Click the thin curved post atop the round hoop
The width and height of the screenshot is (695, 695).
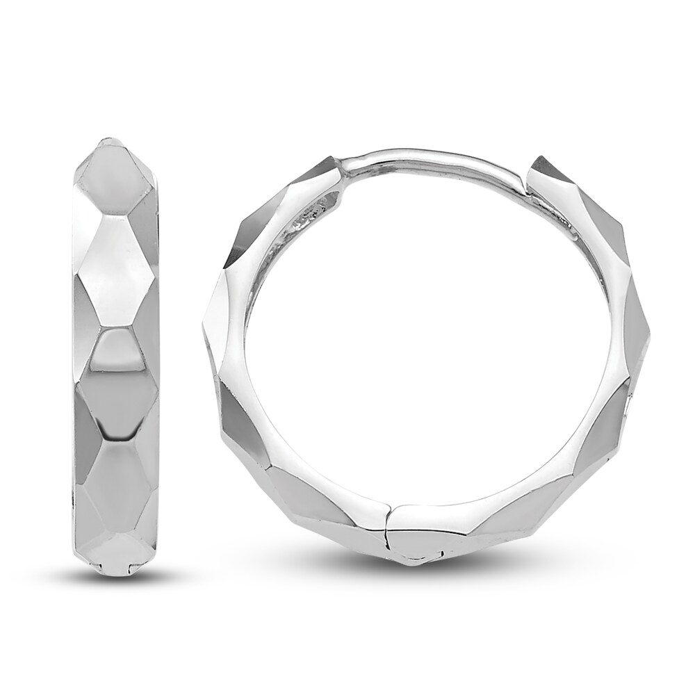431,156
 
